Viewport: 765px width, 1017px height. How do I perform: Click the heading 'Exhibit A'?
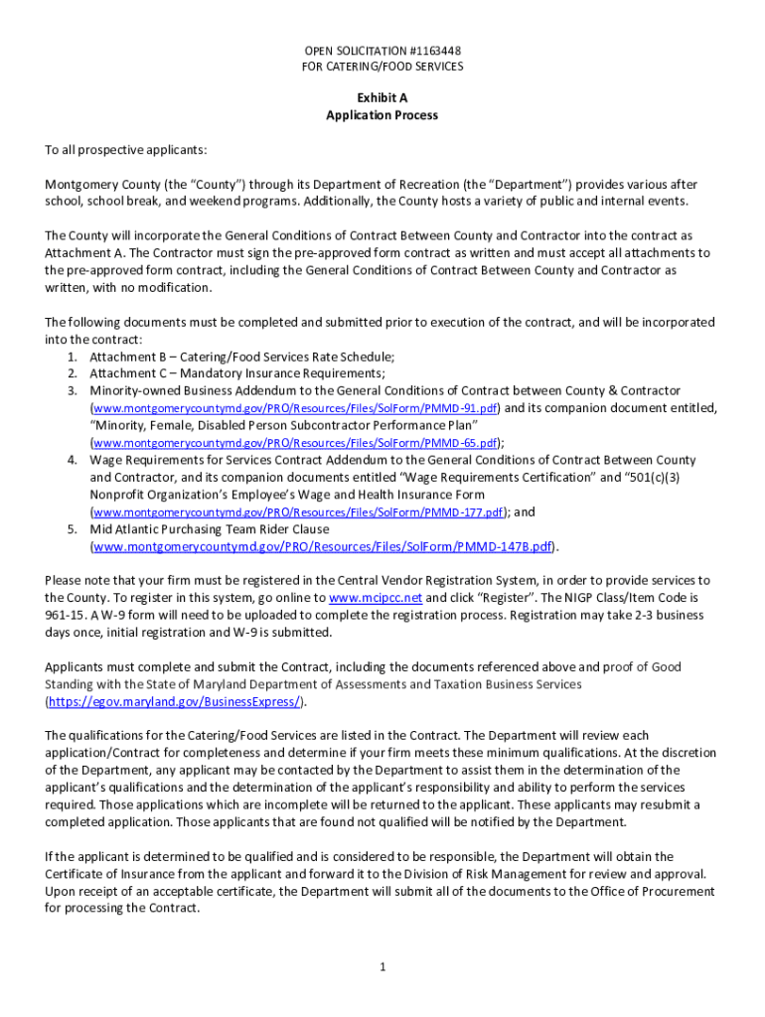[382, 98]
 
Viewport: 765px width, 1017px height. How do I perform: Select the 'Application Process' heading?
[382, 115]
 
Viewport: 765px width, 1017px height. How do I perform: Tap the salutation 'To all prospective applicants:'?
[126, 150]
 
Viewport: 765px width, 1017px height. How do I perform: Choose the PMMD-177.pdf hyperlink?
[298, 512]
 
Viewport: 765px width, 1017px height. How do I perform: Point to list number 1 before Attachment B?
[73, 357]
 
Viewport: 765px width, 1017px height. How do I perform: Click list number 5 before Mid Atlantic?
[73, 529]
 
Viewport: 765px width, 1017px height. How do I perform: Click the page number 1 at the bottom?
[382, 967]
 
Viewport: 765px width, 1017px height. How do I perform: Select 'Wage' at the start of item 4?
[106, 460]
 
